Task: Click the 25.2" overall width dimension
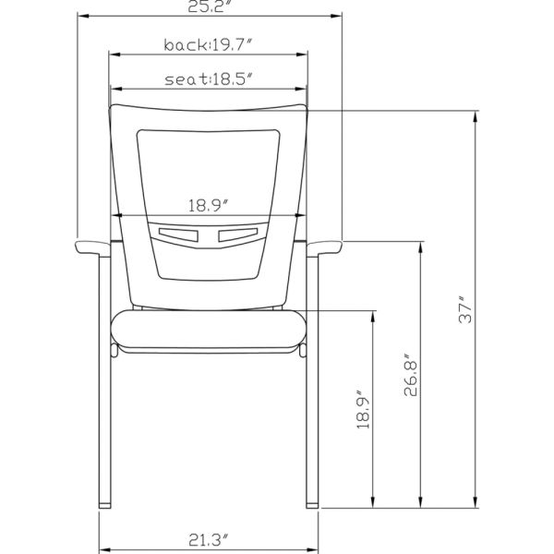click(x=211, y=6)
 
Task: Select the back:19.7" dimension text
click(x=209, y=45)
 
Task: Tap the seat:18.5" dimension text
click(x=210, y=79)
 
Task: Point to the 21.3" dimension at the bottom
click(x=209, y=539)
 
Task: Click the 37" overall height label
click(x=465, y=309)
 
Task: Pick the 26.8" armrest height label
click(x=411, y=375)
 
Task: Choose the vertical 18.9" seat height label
click(x=363, y=410)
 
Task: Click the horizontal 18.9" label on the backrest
click(x=209, y=206)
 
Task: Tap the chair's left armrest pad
click(x=92, y=247)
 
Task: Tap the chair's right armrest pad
click(x=324, y=247)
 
